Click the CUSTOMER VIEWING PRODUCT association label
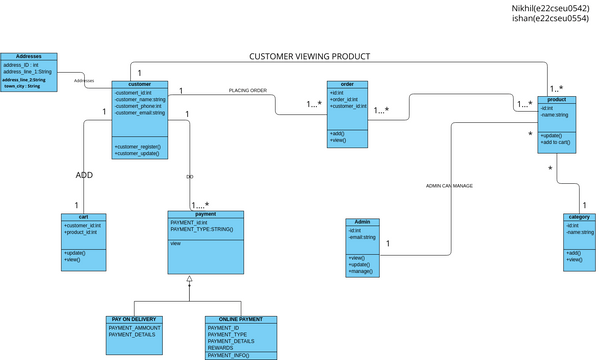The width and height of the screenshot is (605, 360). pos(309,57)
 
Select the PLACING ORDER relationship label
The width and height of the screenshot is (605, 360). pos(248,90)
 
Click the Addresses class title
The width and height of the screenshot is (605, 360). pos(21,56)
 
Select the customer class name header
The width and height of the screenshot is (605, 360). pos(140,84)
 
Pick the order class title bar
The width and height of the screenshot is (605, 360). pos(348,84)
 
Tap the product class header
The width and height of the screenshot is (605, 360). pos(557,100)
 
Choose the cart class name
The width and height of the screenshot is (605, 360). pos(83,216)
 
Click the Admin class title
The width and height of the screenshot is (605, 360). pos(362,221)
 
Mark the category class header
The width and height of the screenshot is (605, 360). pos(579,217)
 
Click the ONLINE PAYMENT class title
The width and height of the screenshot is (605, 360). pos(241,319)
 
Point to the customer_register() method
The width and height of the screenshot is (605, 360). pos(138,146)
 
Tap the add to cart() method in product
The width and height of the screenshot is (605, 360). pos(556,142)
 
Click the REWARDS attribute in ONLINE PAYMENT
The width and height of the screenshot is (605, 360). pos(222,348)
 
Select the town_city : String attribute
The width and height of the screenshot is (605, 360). pos(22,87)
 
